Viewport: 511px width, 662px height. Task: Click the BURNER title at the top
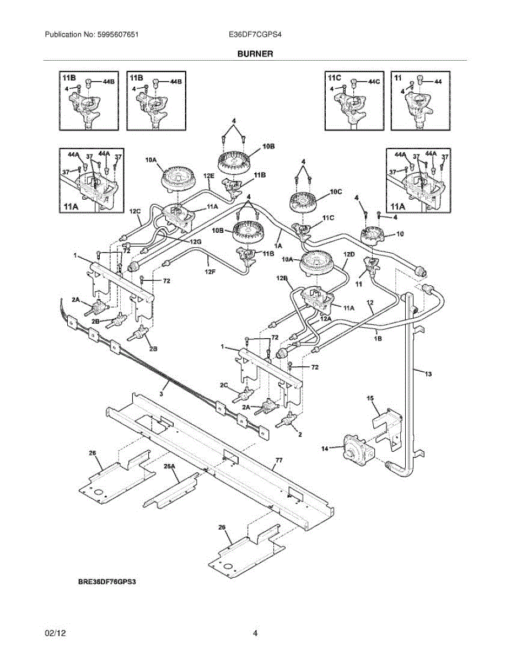tap(255, 54)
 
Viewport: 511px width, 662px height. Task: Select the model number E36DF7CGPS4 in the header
tap(255, 34)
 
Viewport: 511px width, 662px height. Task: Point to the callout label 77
tap(278, 459)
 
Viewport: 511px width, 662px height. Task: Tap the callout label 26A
tap(169, 466)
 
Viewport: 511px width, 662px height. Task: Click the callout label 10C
tap(336, 191)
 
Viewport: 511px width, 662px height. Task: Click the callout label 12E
tap(209, 175)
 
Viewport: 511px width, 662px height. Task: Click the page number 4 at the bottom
tap(255, 634)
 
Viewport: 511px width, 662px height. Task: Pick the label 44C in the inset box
tap(374, 81)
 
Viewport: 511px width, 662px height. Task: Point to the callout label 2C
tap(224, 385)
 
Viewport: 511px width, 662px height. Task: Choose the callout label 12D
tap(348, 254)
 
